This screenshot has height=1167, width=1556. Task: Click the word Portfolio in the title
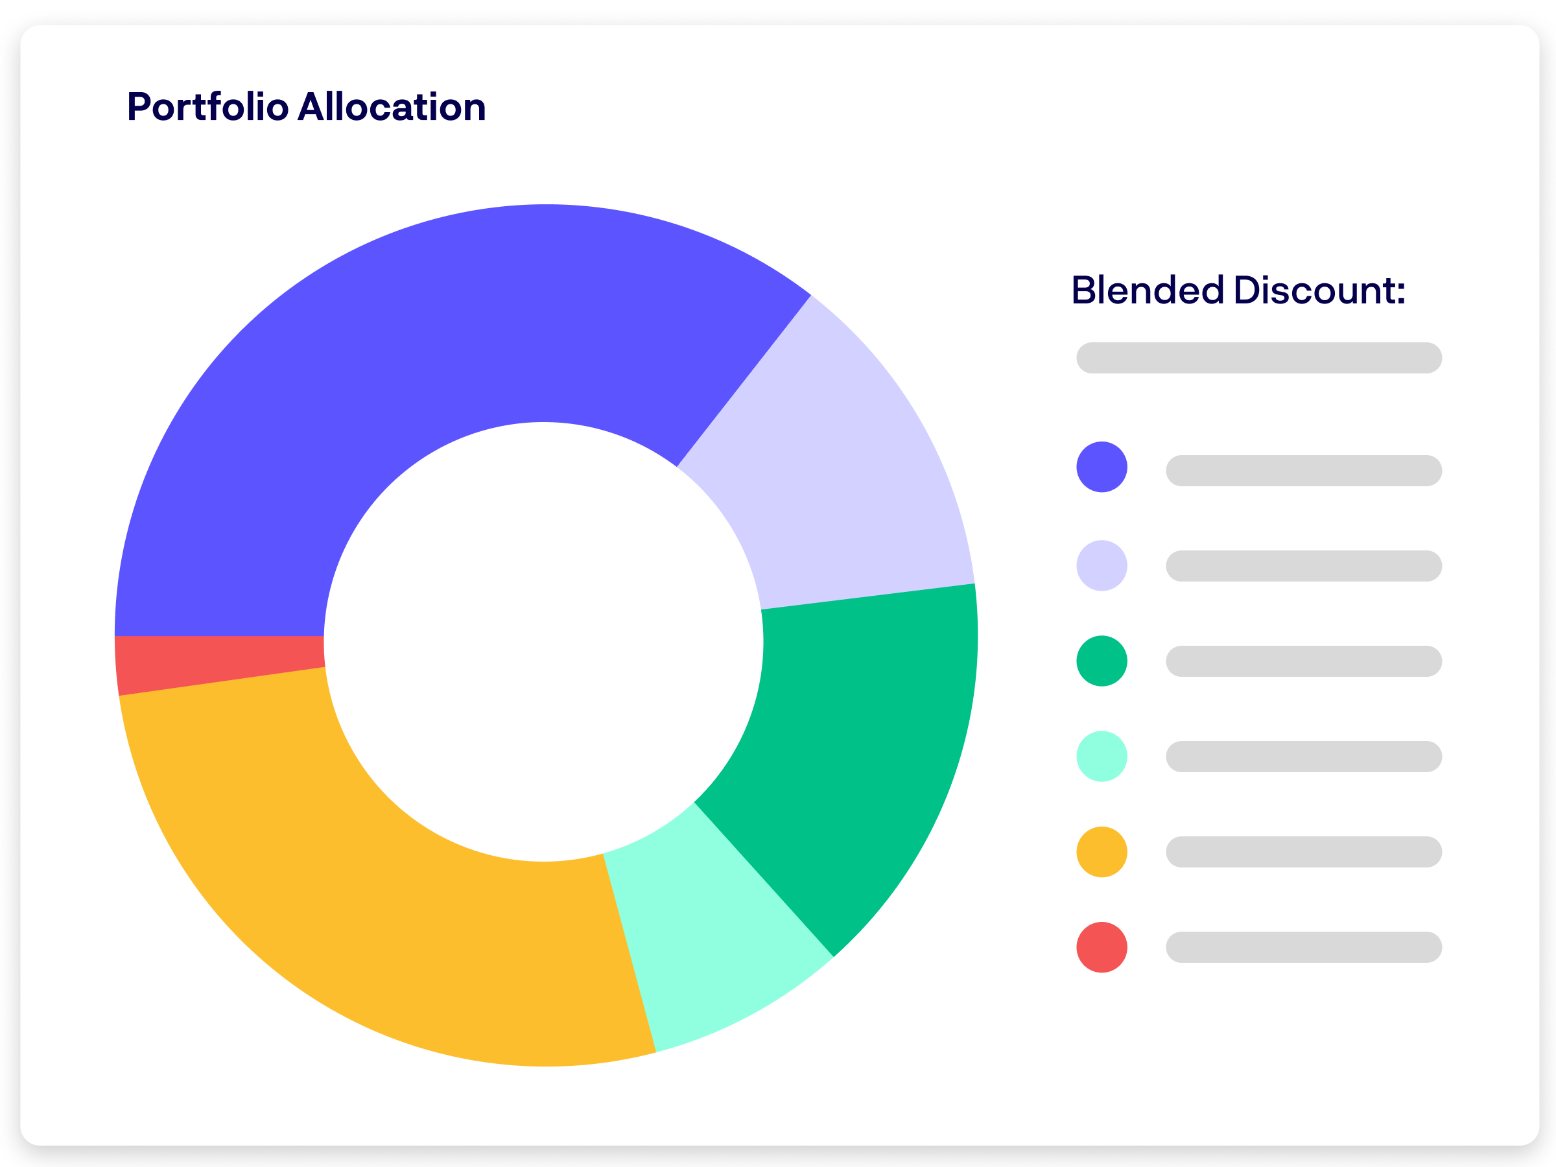[x=207, y=108]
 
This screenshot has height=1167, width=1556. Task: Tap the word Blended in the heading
[x=1148, y=290]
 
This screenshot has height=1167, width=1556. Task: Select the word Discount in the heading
[x=1319, y=290]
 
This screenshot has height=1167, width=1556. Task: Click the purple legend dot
[x=1102, y=467]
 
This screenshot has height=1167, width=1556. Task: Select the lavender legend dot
[x=1102, y=565]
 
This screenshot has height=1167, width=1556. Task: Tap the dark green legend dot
[x=1102, y=661]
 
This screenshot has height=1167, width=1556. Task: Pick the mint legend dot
[x=1102, y=756]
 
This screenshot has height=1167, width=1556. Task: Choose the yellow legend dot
[x=1102, y=852]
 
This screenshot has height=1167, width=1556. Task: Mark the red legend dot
[x=1102, y=947]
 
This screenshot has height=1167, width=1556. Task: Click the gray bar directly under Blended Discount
[x=1259, y=358]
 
